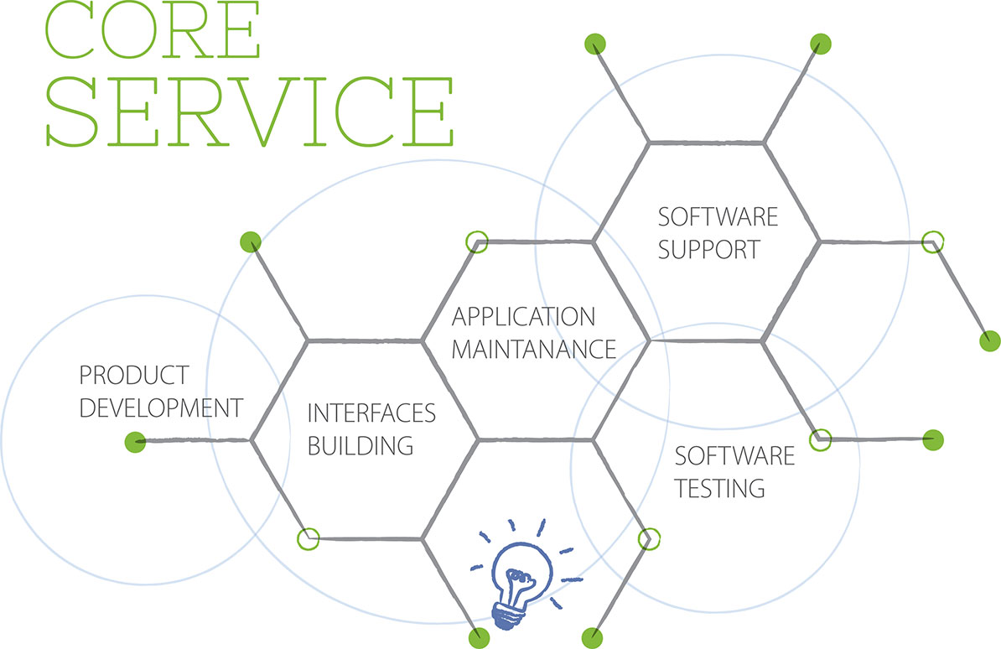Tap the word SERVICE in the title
pos(248,111)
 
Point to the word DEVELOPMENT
pos(160,408)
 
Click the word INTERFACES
pos(371,413)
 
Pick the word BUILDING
pos(360,445)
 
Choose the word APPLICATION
pos(523,317)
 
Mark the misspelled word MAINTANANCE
pos(534,348)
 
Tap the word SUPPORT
pos(708,249)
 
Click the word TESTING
pos(720,487)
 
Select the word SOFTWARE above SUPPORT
pos(718,217)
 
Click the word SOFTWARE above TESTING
pos(734,456)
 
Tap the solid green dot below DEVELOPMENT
pos(135,441)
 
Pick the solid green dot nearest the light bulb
pos(480,636)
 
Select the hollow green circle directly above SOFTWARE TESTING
pos(822,438)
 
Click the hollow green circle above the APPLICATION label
pos(476,241)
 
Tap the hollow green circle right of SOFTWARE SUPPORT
pos(932,242)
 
